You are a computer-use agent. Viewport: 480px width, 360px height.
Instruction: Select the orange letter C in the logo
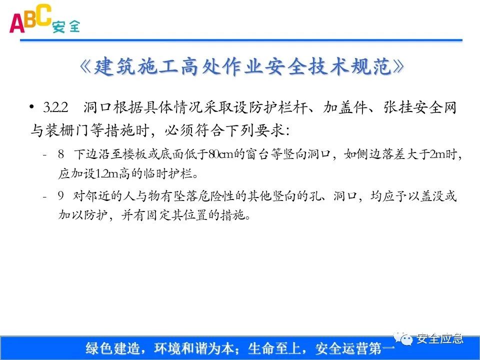[x=43, y=14]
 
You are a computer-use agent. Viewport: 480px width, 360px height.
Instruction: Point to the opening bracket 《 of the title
[x=86, y=67]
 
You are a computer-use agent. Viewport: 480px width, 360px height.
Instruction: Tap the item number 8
[x=60, y=154]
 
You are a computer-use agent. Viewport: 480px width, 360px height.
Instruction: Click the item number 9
[x=60, y=196]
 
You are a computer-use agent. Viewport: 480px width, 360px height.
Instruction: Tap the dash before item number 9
[x=45, y=196]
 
